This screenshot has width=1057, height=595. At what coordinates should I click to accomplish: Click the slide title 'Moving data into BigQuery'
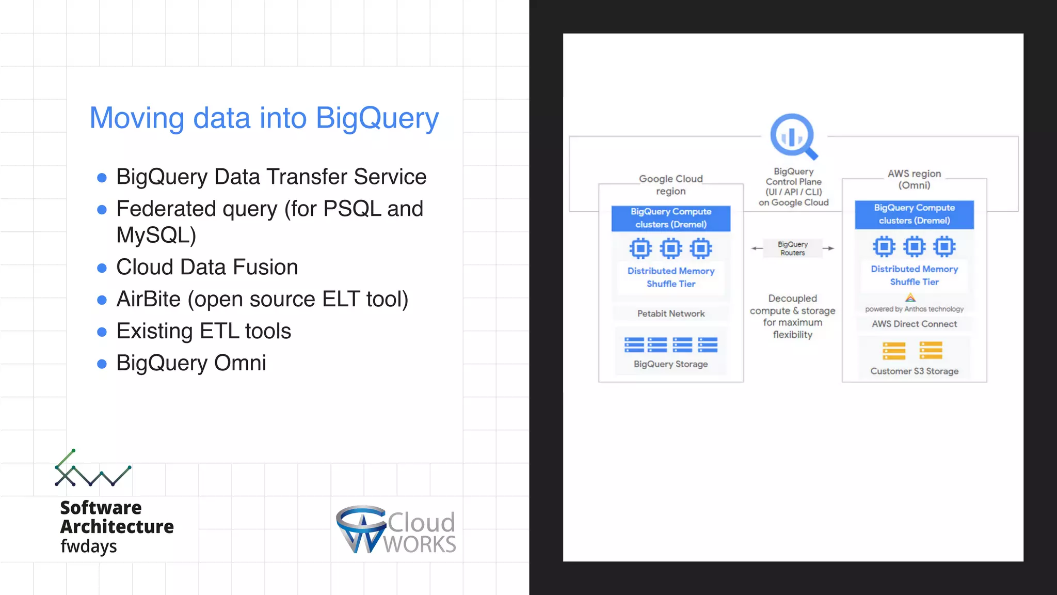click(x=264, y=118)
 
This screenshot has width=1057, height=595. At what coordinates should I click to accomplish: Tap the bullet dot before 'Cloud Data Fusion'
click(x=102, y=268)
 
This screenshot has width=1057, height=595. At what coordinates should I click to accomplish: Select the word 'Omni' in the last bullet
click(x=240, y=363)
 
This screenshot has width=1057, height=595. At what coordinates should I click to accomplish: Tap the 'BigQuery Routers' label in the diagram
click(x=793, y=248)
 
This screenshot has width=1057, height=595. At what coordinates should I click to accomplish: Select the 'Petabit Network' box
click(x=670, y=314)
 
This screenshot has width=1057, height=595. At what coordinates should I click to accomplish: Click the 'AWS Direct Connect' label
click(x=914, y=324)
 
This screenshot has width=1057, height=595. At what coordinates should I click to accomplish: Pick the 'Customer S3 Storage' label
click(x=914, y=371)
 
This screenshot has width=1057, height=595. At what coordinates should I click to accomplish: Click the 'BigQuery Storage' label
click(x=670, y=364)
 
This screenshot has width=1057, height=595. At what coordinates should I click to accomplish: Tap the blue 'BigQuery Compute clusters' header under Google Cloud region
click(x=670, y=218)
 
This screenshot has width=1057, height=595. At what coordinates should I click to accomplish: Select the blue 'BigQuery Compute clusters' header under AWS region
click(x=914, y=214)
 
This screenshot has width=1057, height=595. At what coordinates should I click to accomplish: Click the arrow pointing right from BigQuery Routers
click(x=828, y=248)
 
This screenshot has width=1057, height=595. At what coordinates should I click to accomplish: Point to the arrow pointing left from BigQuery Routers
click(x=757, y=248)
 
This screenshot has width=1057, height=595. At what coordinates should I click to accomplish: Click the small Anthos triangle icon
click(x=910, y=298)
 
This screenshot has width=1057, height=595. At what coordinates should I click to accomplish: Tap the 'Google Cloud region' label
click(x=670, y=185)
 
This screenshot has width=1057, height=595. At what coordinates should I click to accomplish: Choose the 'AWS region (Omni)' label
click(x=914, y=179)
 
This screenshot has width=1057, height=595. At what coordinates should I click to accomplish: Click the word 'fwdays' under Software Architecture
click(x=89, y=546)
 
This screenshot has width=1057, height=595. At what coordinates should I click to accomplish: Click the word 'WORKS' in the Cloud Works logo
click(x=420, y=544)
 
